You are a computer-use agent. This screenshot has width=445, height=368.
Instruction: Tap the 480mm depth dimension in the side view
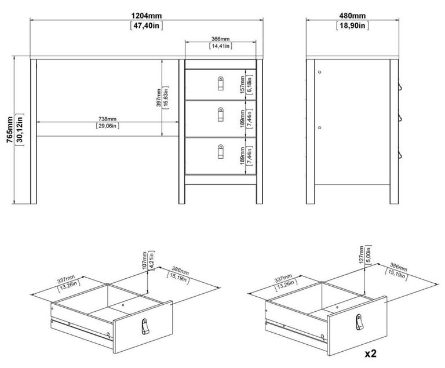click(352, 15)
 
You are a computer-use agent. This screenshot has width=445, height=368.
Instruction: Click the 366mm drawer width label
click(220, 39)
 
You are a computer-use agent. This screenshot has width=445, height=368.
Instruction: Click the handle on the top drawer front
click(220, 84)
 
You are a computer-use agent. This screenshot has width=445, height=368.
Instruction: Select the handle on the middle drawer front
click(220, 116)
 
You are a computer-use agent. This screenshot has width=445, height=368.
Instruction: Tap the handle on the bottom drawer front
click(220, 152)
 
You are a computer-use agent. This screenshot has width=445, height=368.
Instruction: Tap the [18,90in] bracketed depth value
click(352, 25)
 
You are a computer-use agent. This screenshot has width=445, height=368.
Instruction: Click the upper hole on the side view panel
click(320, 72)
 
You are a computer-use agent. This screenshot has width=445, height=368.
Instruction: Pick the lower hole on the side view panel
click(320, 126)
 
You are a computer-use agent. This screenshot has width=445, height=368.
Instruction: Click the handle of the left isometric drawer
click(144, 327)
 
